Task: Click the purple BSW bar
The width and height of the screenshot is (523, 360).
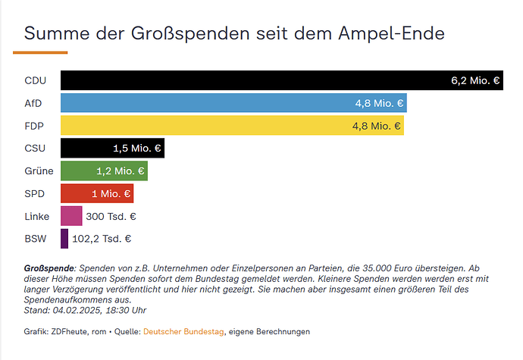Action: point(64,239)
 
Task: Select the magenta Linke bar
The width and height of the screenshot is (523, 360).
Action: point(71,216)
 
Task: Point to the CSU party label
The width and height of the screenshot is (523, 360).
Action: point(35,149)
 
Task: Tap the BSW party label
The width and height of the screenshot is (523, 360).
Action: point(35,239)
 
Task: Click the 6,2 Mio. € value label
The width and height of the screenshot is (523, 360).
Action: point(475,80)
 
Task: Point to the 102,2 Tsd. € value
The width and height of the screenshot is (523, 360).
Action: point(102,239)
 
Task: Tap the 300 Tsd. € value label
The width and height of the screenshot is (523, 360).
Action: point(111,216)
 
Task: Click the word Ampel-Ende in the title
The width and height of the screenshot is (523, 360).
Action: point(390,33)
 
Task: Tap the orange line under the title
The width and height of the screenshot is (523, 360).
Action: point(40,52)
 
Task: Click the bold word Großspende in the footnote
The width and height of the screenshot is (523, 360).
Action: point(49,269)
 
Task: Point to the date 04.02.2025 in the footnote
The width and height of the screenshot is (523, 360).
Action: point(77,309)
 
